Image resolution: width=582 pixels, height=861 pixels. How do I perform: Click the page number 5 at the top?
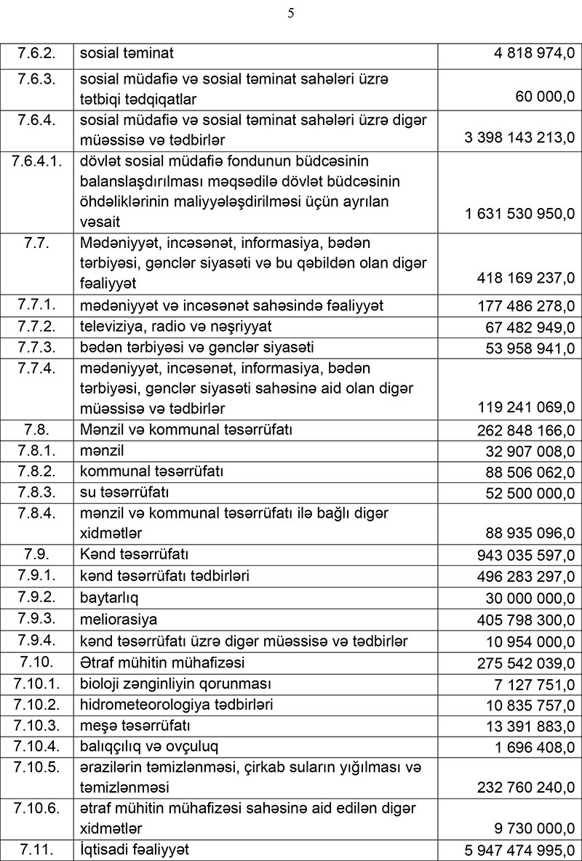(x=291, y=13)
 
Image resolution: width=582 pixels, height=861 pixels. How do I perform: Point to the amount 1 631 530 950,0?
(x=519, y=215)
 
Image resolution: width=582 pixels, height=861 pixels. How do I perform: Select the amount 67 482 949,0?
(x=530, y=327)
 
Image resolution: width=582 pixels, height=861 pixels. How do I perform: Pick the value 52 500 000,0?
(x=530, y=494)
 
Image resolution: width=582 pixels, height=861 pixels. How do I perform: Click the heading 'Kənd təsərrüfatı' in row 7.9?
(x=134, y=556)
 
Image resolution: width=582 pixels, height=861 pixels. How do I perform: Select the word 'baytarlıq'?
(x=109, y=598)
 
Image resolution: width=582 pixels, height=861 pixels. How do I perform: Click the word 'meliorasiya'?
(x=119, y=620)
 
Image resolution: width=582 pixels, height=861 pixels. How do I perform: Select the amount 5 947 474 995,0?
(x=519, y=850)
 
